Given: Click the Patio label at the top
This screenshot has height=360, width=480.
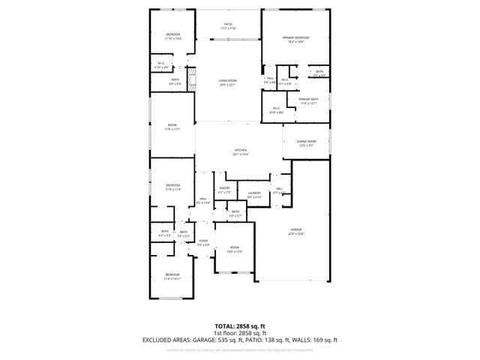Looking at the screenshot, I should (x=228, y=25).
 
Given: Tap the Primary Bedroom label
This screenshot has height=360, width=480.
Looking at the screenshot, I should (x=296, y=39).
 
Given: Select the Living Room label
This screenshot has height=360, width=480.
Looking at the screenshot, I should (x=228, y=82).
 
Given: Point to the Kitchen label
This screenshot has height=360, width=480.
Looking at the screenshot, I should (x=240, y=151).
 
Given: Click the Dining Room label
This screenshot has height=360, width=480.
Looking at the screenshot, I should (x=306, y=142).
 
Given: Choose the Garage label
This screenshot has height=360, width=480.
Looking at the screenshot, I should (x=295, y=231).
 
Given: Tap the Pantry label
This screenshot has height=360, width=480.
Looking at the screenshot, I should (x=224, y=190).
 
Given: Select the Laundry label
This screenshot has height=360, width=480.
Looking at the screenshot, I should (x=254, y=194).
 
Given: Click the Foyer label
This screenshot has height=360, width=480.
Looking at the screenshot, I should (x=202, y=242).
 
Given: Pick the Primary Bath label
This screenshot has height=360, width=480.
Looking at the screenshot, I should (x=308, y=100).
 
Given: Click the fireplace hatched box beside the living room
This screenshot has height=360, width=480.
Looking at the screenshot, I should (x=190, y=77).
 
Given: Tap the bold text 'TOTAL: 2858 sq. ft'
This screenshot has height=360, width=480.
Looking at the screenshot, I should (x=240, y=325).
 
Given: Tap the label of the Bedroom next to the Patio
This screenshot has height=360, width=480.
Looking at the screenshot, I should (x=173, y=36).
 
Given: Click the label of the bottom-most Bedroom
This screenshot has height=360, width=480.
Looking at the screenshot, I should (x=172, y=276).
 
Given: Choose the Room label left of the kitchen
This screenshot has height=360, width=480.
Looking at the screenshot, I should (x=172, y=126).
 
